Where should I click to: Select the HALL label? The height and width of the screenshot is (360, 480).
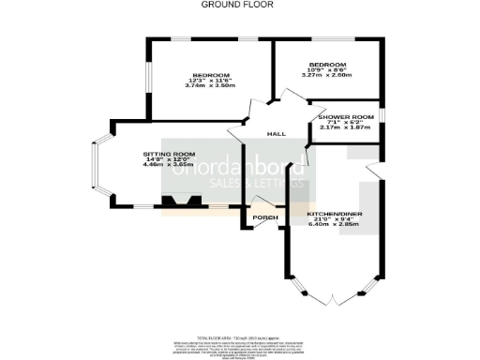pos(277,134)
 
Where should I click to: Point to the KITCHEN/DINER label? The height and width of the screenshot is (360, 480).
pos(335,215)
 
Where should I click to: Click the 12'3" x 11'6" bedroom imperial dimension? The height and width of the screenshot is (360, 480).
pos(211,81)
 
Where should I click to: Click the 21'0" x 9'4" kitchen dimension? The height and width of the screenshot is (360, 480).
pos(335,220)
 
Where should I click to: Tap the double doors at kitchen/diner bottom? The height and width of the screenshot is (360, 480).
pos(335,299)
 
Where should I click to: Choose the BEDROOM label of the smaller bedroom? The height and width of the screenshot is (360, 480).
pos(328,64)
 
